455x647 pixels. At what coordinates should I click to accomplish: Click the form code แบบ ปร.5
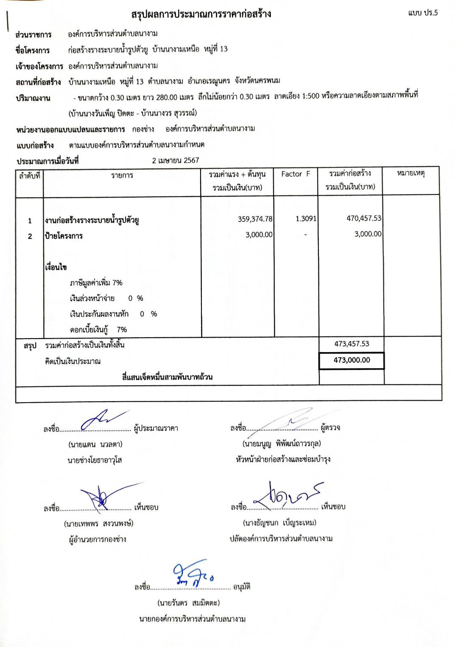click(x=423, y=13)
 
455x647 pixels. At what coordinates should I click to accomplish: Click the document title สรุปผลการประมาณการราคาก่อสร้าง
click(x=201, y=14)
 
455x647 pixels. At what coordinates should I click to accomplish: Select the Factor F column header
click(x=296, y=174)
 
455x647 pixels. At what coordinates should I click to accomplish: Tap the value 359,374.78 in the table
click(x=255, y=219)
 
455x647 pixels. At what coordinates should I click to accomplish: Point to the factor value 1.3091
click(x=306, y=218)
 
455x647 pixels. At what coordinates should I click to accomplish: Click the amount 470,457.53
click(x=364, y=218)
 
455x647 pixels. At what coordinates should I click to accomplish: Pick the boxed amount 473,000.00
click(x=352, y=360)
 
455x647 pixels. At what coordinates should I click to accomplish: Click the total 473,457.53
click(x=352, y=344)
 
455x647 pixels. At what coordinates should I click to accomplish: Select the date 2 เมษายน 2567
click(x=176, y=160)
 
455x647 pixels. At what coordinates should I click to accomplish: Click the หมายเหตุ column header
click(x=410, y=174)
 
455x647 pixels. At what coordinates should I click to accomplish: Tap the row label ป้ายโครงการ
click(x=64, y=236)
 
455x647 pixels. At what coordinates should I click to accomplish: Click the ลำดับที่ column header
click(x=30, y=175)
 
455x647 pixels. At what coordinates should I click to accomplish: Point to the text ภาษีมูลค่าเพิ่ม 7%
click(x=96, y=283)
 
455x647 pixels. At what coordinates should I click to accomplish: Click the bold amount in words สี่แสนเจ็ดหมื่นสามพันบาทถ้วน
click(x=167, y=377)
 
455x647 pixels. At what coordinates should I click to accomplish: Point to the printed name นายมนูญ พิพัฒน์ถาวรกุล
click(x=282, y=444)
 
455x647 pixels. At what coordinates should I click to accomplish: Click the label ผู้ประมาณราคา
click(x=156, y=429)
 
